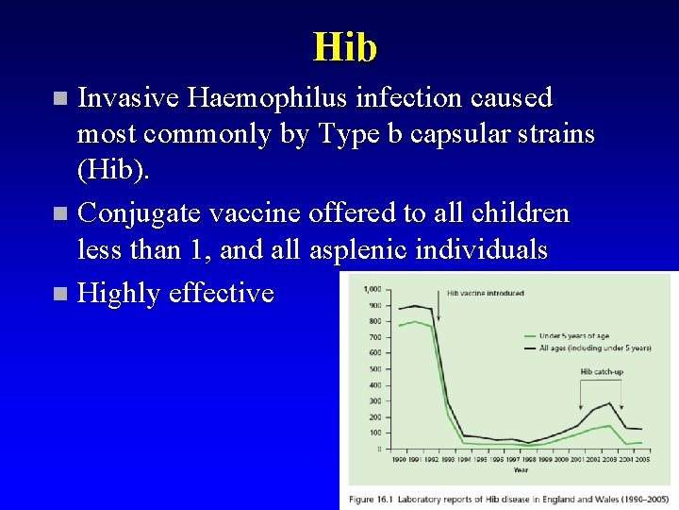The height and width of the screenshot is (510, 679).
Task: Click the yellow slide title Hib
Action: pos(344,47)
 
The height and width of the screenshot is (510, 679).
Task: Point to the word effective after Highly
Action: pos(221,293)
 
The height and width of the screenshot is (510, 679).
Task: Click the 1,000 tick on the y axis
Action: pos(373,289)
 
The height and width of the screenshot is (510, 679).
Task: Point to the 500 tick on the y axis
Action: pos(375,369)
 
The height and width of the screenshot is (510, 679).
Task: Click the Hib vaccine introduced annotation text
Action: pos(485,293)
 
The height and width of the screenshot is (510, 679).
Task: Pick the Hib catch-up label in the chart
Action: pos(601,371)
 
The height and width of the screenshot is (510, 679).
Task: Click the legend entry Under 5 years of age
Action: pos(574,335)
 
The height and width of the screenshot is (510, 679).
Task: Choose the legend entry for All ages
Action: pos(594,348)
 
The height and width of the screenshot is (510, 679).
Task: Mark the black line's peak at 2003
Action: pos(609,403)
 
